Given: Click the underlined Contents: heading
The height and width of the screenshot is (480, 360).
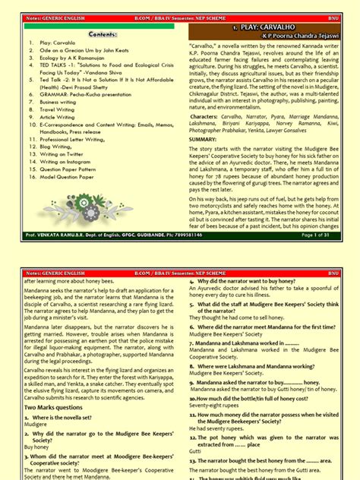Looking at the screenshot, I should (x=102, y=35).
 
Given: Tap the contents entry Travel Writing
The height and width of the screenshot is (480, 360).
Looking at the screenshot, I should (x=61, y=109).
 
